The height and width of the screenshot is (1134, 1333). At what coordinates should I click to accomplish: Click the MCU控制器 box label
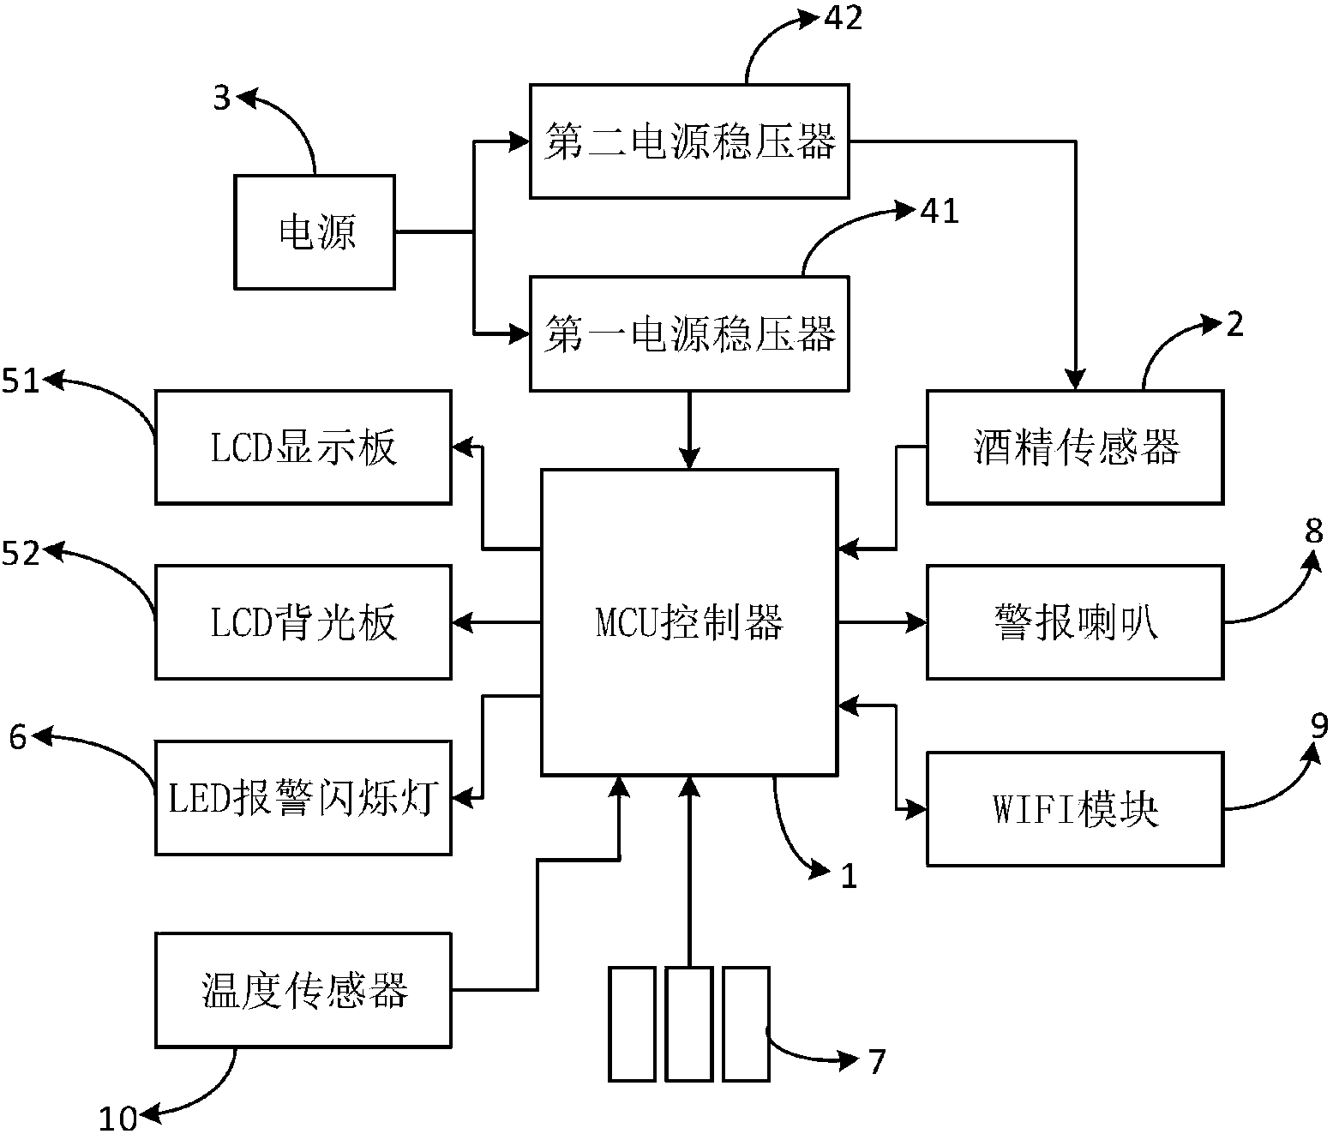coord(689,622)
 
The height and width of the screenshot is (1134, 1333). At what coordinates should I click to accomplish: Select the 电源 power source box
coord(315,231)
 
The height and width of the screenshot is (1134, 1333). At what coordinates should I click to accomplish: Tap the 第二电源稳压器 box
coord(689,141)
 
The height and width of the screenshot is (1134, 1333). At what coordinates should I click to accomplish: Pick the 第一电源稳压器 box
coord(689,333)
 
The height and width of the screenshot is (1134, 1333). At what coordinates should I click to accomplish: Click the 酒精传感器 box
coord(1075,447)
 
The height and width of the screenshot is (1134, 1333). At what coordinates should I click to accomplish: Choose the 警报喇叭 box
coord(1075,622)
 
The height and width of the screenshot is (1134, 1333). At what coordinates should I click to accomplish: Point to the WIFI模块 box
coord(1075,809)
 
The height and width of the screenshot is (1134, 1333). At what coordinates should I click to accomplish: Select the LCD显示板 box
coord(303,447)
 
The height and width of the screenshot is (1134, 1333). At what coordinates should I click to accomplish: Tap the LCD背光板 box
coord(303,622)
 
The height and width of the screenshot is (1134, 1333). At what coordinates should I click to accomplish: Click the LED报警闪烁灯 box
coord(303,798)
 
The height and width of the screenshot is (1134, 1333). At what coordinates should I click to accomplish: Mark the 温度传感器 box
coord(303,990)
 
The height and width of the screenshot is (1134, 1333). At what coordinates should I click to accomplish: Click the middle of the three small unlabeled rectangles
coord(688,1023)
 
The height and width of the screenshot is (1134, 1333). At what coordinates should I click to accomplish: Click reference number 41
coord(939,211)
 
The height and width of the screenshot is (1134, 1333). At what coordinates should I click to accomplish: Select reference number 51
coord(21,381)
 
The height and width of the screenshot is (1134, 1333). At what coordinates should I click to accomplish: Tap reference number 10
coord(117,1118)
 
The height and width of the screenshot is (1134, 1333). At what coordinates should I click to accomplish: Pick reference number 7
coord(875,1062)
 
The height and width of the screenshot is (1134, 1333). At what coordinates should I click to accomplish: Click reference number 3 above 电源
coord(222,99)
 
